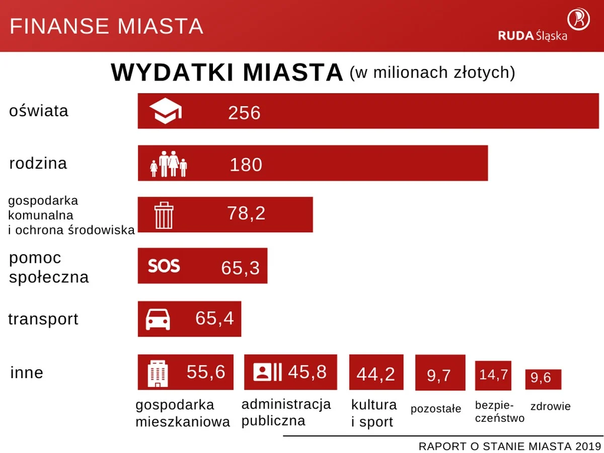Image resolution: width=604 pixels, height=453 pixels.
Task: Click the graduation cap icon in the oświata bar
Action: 166,111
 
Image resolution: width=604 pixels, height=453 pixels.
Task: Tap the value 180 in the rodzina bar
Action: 246,165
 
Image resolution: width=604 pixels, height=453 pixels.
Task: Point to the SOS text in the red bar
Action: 164,265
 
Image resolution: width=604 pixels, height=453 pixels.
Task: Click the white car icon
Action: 158,319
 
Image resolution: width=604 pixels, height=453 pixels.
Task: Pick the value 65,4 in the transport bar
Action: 214,319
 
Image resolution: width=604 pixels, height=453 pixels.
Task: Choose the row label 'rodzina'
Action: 38,164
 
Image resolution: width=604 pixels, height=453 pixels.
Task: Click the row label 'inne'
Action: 27,373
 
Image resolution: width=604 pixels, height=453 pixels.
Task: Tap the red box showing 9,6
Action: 543,379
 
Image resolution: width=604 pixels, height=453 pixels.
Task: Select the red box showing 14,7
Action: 493,375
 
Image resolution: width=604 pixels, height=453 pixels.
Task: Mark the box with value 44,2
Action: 376,372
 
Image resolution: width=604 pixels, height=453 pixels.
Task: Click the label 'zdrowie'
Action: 550,406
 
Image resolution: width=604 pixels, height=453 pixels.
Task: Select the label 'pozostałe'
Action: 436,409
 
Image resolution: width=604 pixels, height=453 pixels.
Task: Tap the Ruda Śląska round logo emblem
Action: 579,19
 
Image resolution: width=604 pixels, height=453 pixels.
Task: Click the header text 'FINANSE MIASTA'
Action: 106,26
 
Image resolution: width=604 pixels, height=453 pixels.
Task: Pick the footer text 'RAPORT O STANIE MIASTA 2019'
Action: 510,446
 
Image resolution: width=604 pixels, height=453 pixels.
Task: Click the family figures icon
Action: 169,164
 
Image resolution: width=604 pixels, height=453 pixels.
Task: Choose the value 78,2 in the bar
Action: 246,214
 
